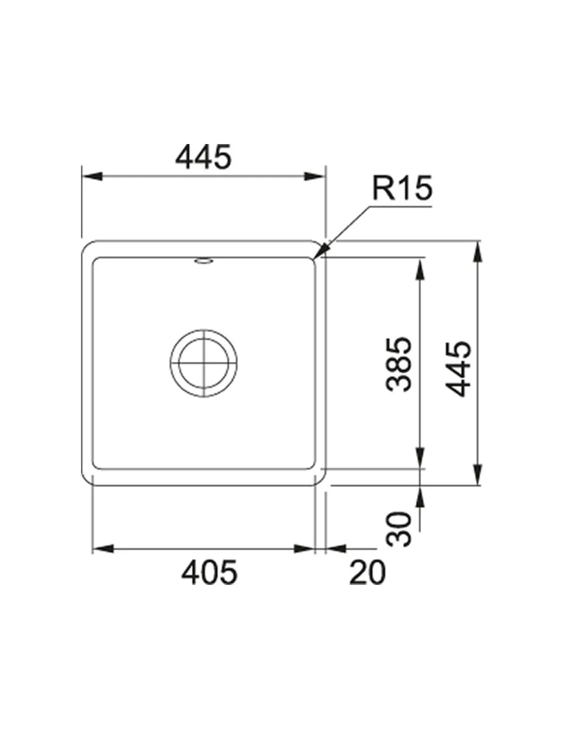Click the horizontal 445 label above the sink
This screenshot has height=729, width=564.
(203, 157)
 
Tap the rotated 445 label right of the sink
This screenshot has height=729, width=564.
(458, 369)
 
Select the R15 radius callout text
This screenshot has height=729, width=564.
(402, 188)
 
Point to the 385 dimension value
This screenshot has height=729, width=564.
(398, 364)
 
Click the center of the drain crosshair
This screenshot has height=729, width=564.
(204, 363)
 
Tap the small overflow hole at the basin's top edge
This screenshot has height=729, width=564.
(204, 260)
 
